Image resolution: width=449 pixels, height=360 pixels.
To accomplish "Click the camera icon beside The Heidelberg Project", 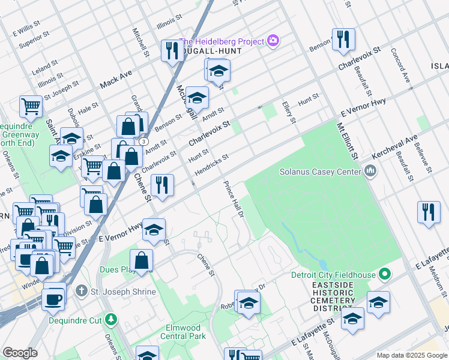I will click(274, 41).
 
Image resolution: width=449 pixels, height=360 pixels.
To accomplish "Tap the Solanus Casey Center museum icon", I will click(370, 172).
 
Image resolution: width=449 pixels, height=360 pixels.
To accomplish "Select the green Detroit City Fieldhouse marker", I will click(385, 275).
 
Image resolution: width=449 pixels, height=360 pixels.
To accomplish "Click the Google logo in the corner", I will click(19, 353).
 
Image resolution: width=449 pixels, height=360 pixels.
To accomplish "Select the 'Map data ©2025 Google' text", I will click(411, 355).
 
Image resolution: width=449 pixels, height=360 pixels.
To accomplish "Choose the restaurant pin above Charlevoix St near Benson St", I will click(343, 40).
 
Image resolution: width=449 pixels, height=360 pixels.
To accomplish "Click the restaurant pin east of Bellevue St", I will click(428, 212).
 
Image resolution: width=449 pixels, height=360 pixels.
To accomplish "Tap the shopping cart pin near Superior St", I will click(31, 106).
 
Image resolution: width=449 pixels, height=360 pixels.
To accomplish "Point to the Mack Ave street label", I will click(116, 79).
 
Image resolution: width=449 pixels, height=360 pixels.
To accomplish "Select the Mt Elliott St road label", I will click(348, 142).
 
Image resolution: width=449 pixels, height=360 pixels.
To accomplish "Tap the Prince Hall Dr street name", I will click(234, 199).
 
